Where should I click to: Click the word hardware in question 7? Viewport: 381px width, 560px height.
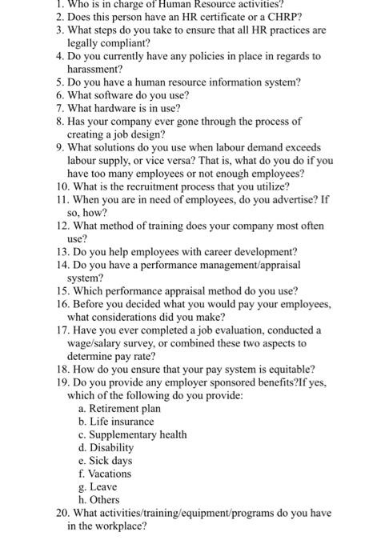click(124, 107)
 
